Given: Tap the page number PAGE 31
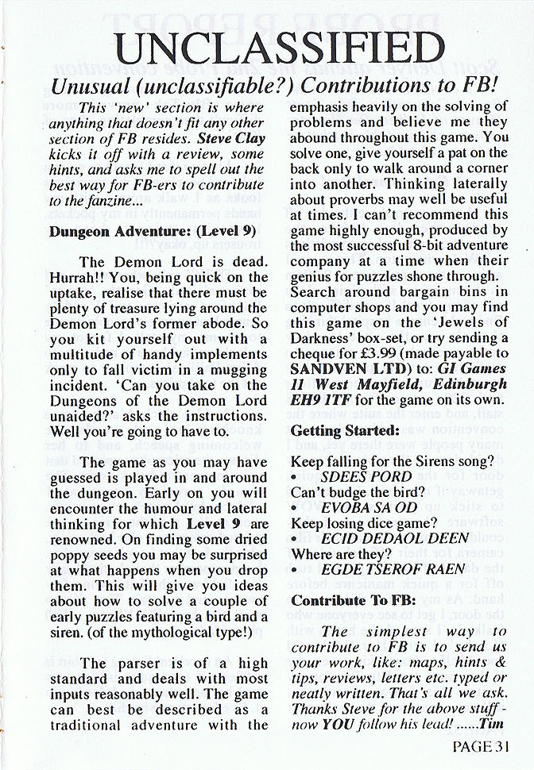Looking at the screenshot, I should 483,745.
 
